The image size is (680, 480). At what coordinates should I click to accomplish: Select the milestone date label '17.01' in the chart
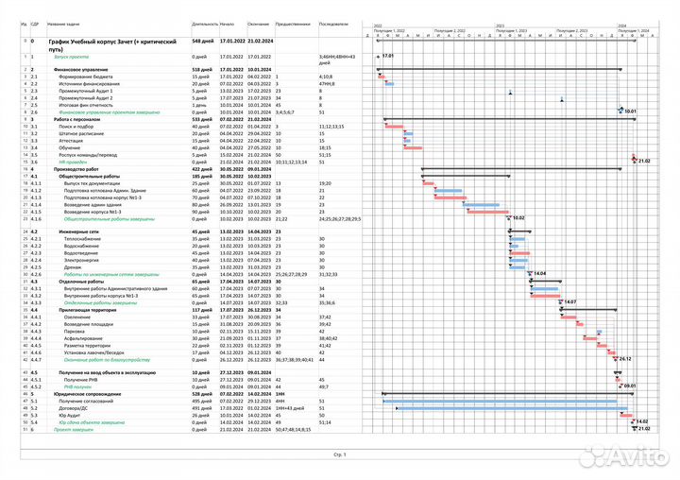pyautogui.click(x=386, y=57)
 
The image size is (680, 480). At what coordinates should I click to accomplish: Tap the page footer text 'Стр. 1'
pyautogui.click(x=339, y=454)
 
